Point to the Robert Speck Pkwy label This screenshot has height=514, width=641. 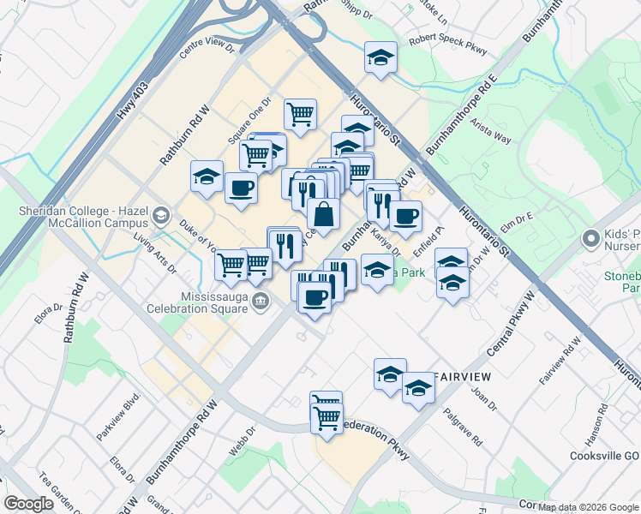[448, 45]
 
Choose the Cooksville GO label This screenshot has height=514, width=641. [605, 456]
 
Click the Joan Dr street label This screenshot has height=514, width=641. [485, 397]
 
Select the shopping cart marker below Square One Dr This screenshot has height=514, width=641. [300, 114]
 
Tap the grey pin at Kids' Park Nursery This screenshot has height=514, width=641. [590, 237]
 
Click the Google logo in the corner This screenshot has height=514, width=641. [29, 504]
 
